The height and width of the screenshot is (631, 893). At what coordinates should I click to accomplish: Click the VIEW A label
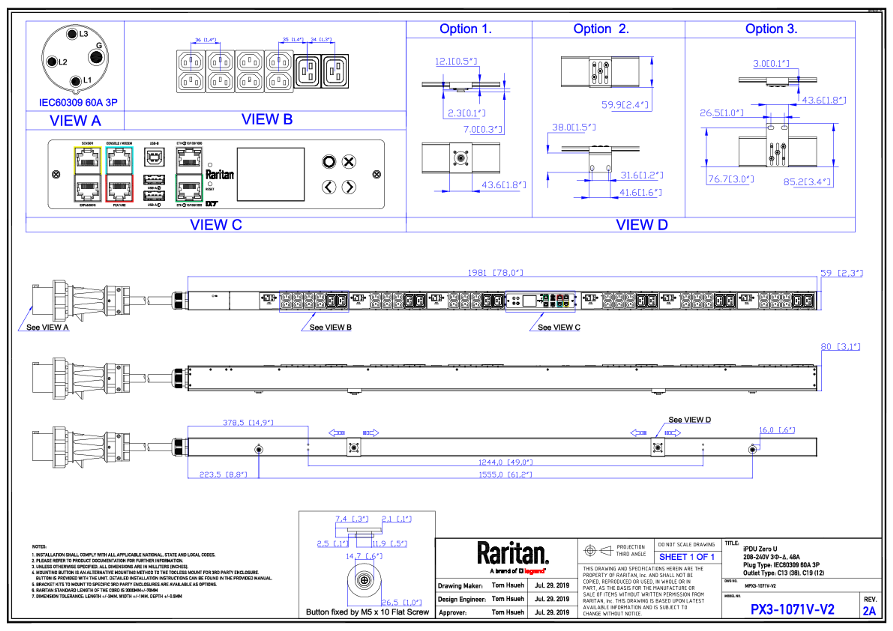point(75,121)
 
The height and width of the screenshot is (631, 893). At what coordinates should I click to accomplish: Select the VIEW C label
point(216,225)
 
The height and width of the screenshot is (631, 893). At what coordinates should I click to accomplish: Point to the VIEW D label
point(642,225)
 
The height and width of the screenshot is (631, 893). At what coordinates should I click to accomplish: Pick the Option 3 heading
point(771,29)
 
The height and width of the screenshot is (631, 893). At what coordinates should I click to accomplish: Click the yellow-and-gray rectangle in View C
point(88,174)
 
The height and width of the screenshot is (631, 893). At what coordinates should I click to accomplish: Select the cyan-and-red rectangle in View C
point(119,174)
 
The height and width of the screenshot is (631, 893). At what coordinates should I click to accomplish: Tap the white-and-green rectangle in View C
point(189,174)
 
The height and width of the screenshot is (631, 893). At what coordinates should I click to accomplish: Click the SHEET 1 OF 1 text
point(686,557)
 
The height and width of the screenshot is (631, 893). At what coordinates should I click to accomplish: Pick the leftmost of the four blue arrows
point(337,432)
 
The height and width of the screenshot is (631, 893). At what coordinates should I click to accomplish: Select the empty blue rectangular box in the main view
point(314,301)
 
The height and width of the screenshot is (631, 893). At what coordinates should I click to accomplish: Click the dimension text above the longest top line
point(496,272)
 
